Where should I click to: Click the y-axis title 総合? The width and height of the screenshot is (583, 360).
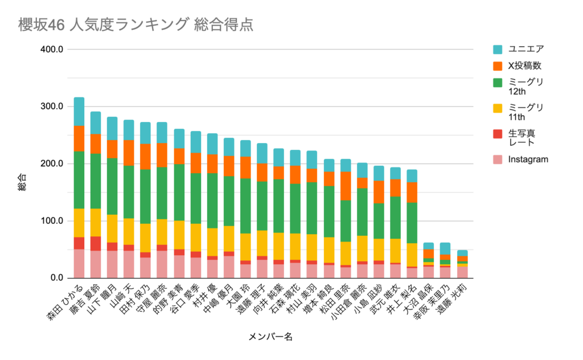(22, 183)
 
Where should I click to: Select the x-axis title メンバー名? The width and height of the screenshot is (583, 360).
(270, 337)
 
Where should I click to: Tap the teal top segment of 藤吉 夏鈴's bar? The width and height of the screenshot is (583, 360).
(96, 123)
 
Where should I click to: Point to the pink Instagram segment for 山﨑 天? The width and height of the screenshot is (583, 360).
(129, 264)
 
